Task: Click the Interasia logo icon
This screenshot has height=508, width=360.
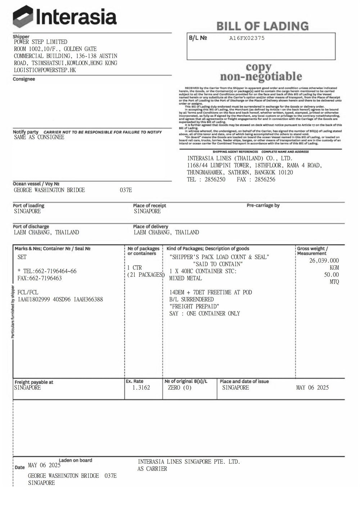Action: tap(23, 17)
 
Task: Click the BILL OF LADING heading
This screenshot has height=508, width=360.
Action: tap(262, 26)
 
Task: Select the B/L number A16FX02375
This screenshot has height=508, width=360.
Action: tap(247, 38)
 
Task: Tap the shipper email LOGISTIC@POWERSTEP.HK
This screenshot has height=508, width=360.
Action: tap(45, 70)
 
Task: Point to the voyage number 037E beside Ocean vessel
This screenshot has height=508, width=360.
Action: tap(126, 190)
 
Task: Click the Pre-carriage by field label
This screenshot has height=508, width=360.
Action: tap(263, 205)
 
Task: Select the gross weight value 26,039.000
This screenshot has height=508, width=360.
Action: tap(324, 261)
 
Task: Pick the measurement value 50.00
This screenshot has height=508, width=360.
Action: tap(331, 275)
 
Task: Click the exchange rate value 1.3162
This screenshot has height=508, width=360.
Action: tap(141, 388)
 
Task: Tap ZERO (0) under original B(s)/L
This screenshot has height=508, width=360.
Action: tap(180, 388)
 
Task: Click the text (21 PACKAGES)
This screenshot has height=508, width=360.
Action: tap(145, 275)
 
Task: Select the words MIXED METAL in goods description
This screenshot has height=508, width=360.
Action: tap(185, 278)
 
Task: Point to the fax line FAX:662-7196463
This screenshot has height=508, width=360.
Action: tap(40, 278)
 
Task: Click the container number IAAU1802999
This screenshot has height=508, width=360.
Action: tap(34, 299)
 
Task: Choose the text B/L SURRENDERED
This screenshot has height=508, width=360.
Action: tap(191, 299)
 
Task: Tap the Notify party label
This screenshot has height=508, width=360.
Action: tap(26, 132)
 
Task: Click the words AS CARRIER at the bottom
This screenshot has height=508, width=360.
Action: tap(152, 469)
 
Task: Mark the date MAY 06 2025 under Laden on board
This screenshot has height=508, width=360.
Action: tap(44, 465)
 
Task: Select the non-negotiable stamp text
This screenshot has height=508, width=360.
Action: tap(261, 77)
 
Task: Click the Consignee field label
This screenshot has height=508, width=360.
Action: tap(24, 79)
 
